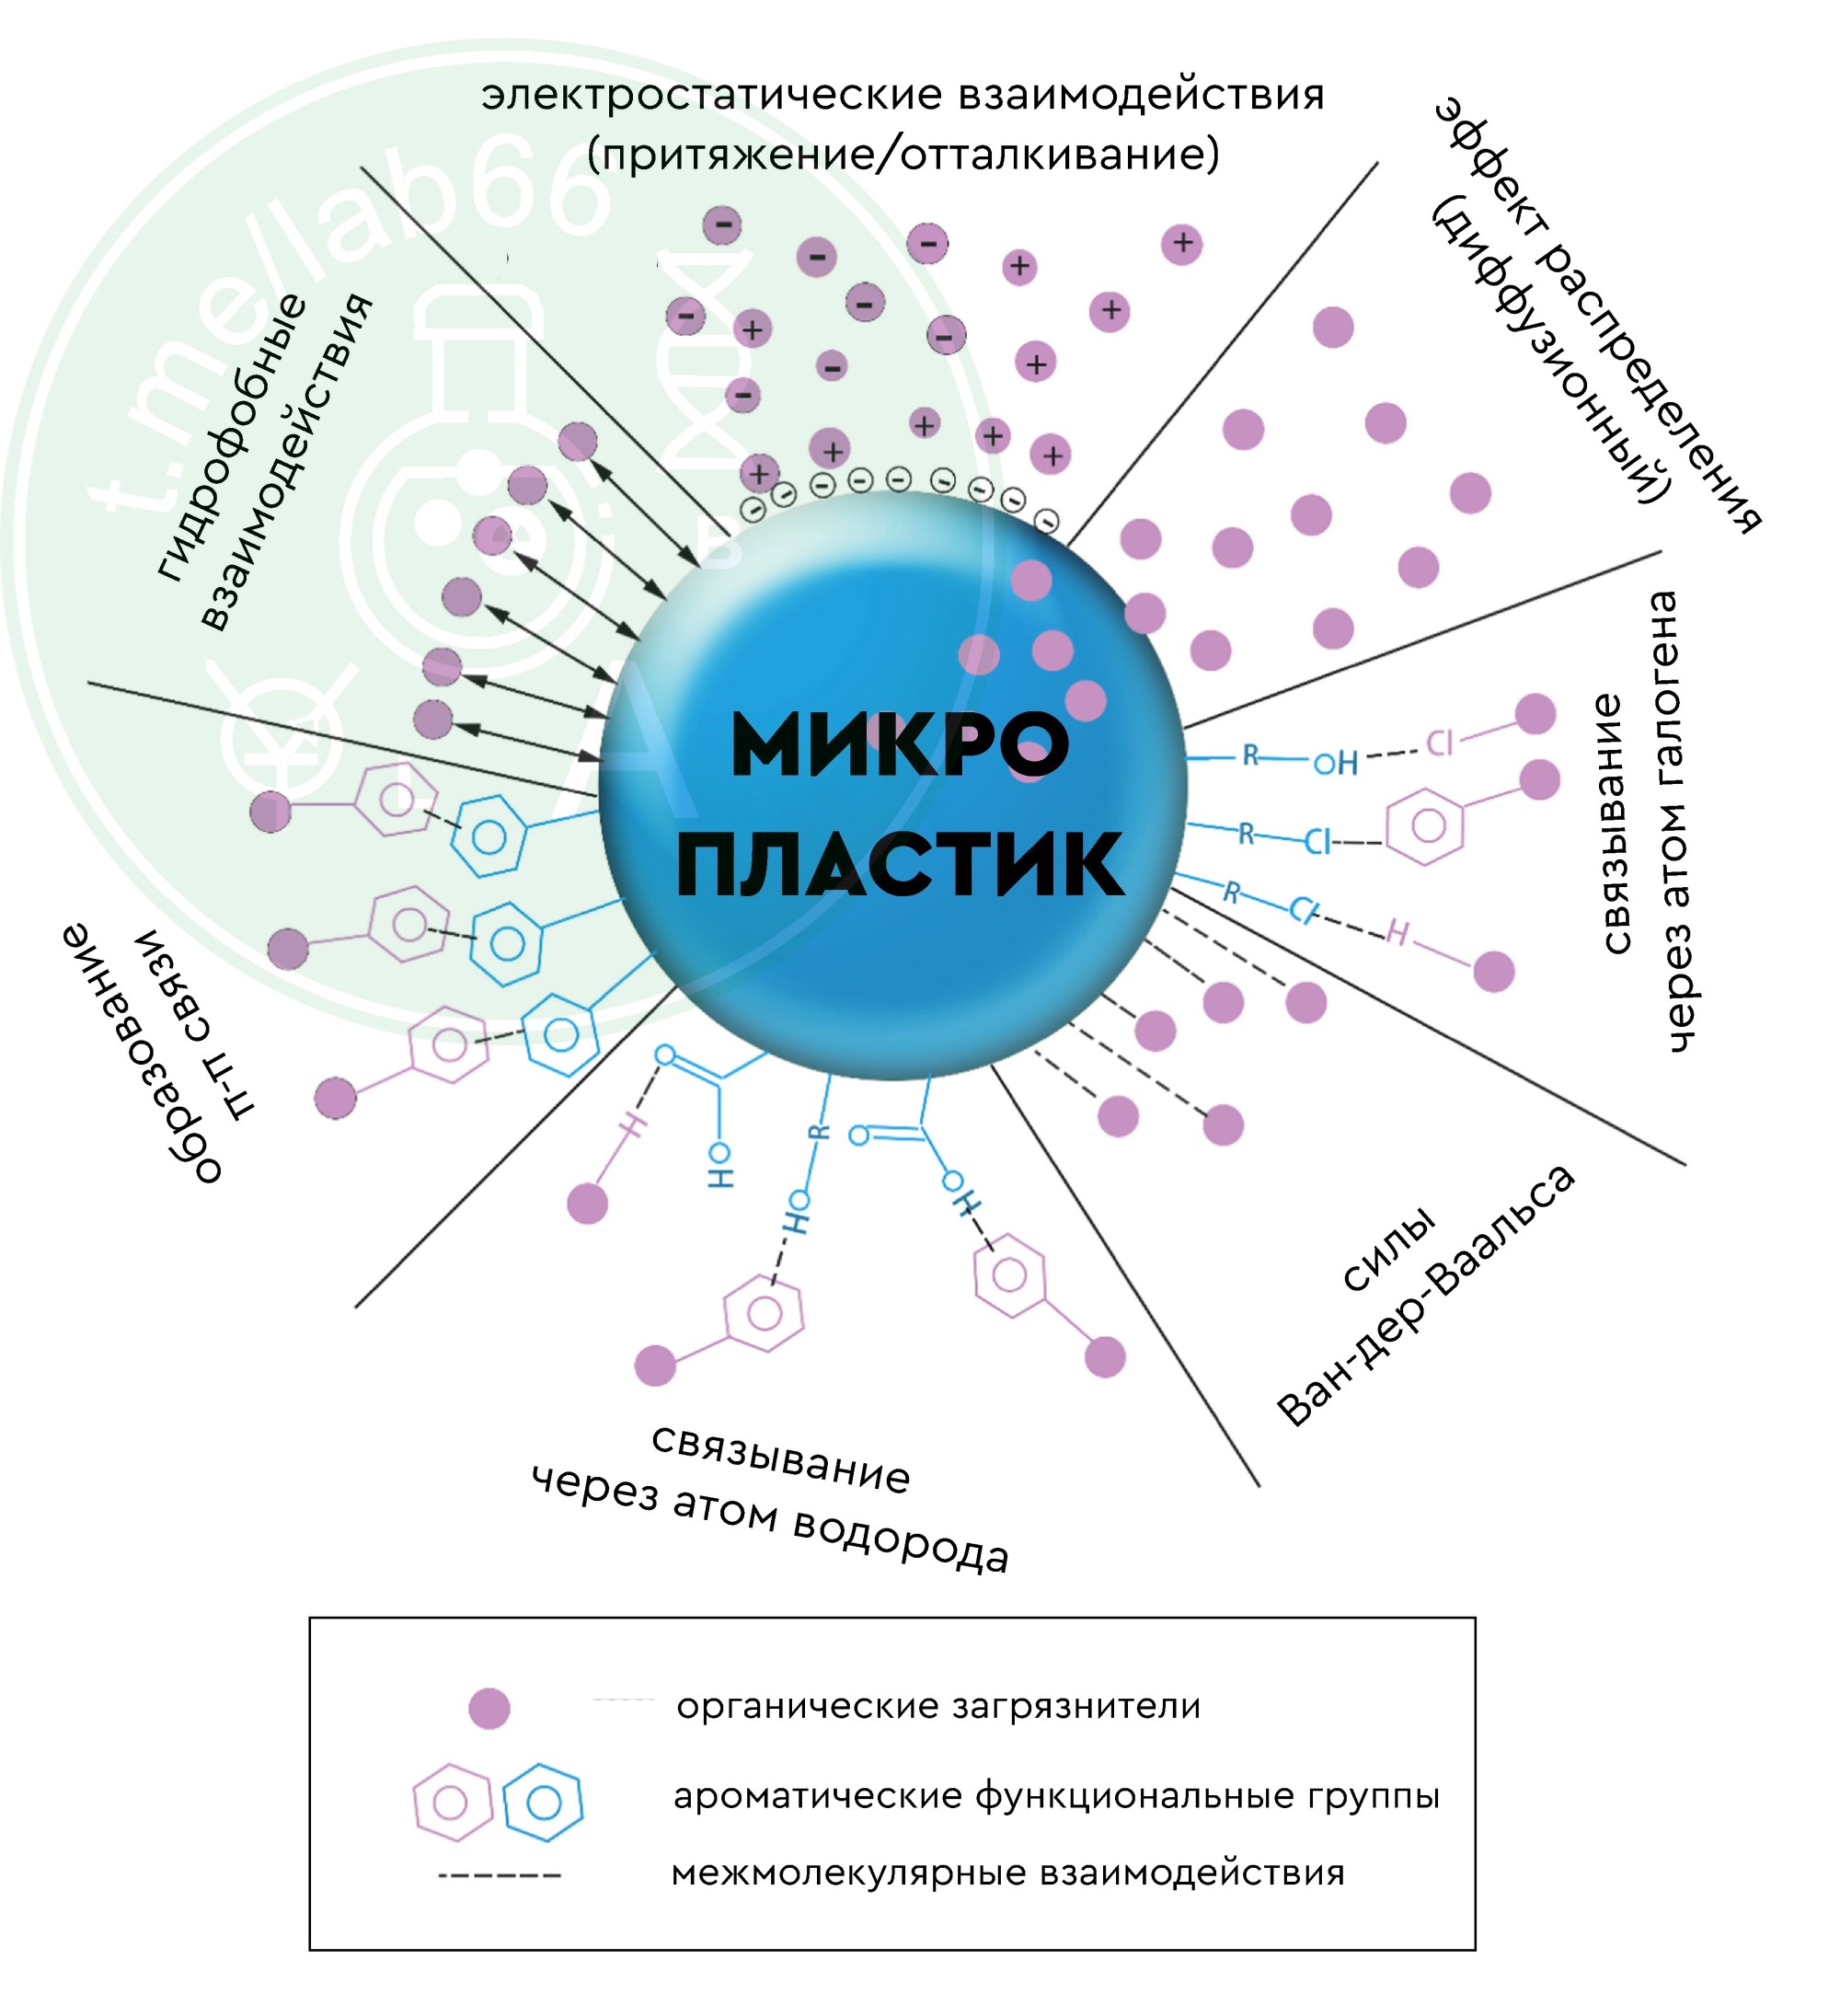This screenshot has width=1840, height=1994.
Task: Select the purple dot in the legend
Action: tap(489, 1708)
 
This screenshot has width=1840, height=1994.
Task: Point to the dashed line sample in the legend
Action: tap(500, 1875)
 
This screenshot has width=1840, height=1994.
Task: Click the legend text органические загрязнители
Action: tap(937, 1707)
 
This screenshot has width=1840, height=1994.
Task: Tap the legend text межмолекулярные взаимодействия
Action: tap(1007, 1873)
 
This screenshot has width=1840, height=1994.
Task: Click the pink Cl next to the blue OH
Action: tap(1440, 743)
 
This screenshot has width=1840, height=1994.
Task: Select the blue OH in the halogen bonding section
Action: tap(1335, 763)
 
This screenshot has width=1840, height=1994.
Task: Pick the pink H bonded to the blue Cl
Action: tap(1397, 933)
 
